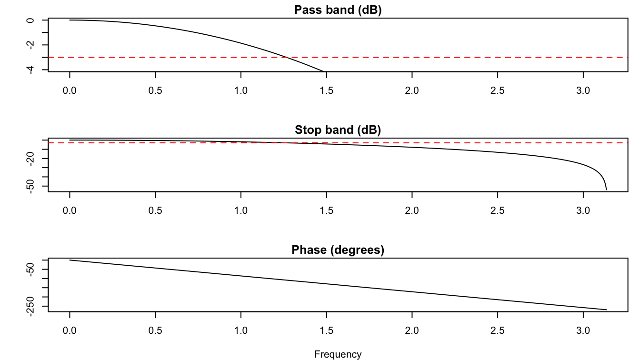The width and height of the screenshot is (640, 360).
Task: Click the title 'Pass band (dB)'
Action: coord(338,10)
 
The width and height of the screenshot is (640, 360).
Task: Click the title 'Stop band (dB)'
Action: coord(338,130)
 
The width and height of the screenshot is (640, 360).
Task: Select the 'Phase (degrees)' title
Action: coord(338,250)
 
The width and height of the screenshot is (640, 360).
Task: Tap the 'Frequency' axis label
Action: coord(338,354)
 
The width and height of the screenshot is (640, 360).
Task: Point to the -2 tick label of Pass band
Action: coord(31,45)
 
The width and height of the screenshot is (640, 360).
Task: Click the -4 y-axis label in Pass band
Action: coord(31,70)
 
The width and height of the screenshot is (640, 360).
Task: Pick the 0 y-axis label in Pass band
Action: coord(31,20)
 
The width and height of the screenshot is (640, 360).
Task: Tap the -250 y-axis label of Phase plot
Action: coord(31,306)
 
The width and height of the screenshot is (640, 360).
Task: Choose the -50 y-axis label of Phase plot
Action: coord(31,270)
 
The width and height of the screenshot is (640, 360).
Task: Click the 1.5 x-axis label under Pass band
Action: coord(326,90)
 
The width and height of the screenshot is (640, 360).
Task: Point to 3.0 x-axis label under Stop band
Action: coord(583,210)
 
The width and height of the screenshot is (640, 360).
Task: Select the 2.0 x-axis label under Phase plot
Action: coord(412,330)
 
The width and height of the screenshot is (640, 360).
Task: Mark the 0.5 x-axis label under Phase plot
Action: coord(155,330)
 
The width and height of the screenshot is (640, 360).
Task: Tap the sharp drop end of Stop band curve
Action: coord(606,190)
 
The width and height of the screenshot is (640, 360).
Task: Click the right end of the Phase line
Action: coord(606,310)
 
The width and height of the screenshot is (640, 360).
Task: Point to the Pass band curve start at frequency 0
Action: coord(70,20)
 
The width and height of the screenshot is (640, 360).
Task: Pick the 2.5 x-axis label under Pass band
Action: coord(498,90)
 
